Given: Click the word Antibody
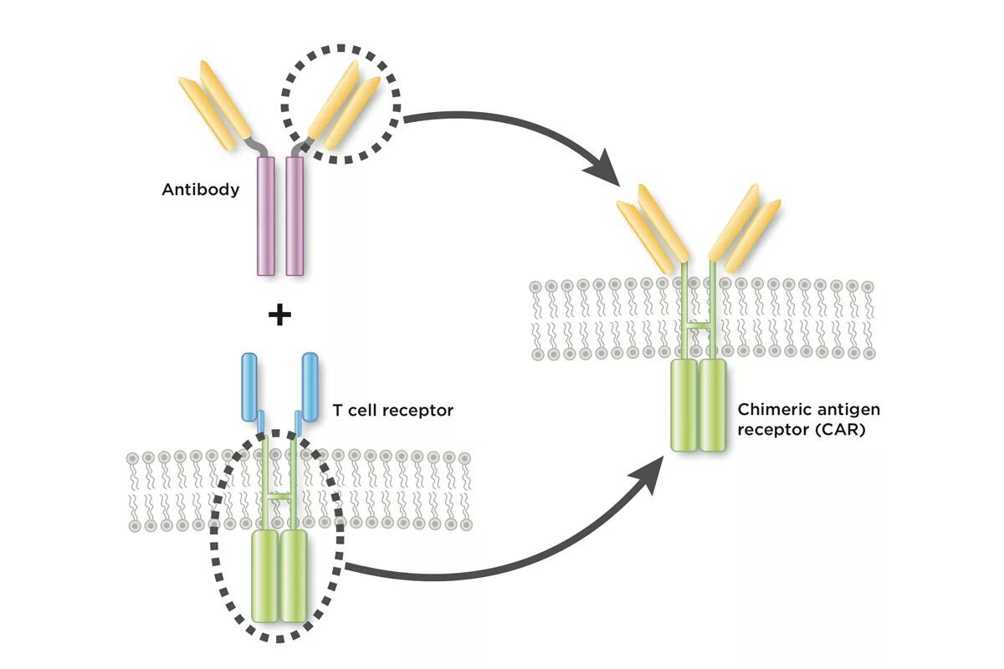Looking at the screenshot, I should (x=200, y=190).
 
